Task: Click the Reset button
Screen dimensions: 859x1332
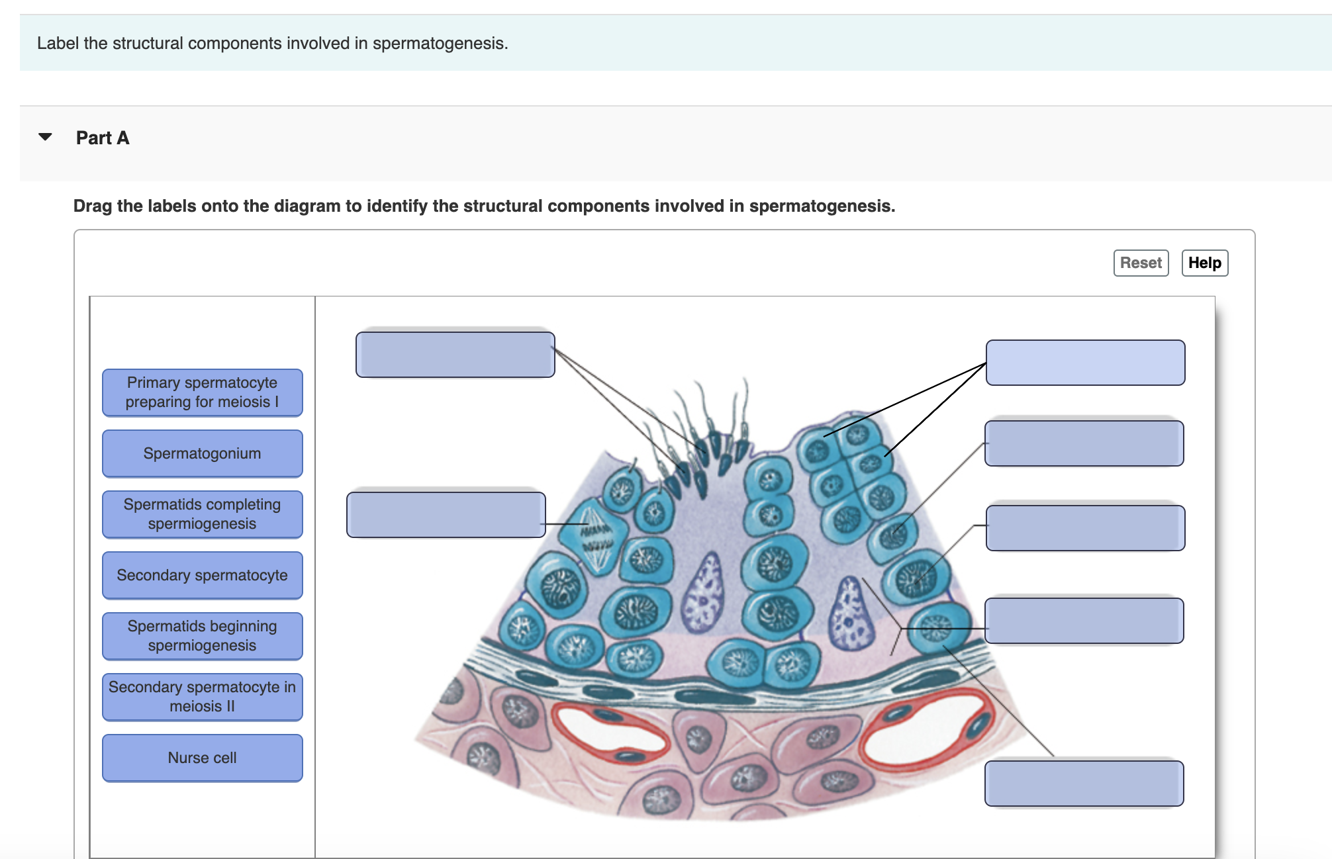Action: coord(1140,263)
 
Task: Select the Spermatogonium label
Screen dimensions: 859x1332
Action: coord(202,453)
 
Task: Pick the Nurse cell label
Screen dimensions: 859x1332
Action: coord(202,758)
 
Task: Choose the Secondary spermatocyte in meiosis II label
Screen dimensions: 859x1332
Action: coord(202,697)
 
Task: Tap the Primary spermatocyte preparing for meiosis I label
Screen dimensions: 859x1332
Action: coord(202,392)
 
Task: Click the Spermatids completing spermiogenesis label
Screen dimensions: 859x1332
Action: coord(202,514)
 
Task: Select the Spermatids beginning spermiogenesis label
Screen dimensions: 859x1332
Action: coord(202,636)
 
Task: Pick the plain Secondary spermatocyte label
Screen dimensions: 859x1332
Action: coord(202,575)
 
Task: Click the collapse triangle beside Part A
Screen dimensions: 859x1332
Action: coord(45,137)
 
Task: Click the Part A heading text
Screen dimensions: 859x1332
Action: coord(103,138)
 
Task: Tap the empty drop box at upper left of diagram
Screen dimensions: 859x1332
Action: coord(455,355)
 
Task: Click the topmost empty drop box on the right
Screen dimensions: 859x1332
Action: coord(1085,363)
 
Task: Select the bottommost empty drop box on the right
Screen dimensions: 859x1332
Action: coord(1084,784)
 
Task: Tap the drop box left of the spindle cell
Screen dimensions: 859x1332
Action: coord(446,515)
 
